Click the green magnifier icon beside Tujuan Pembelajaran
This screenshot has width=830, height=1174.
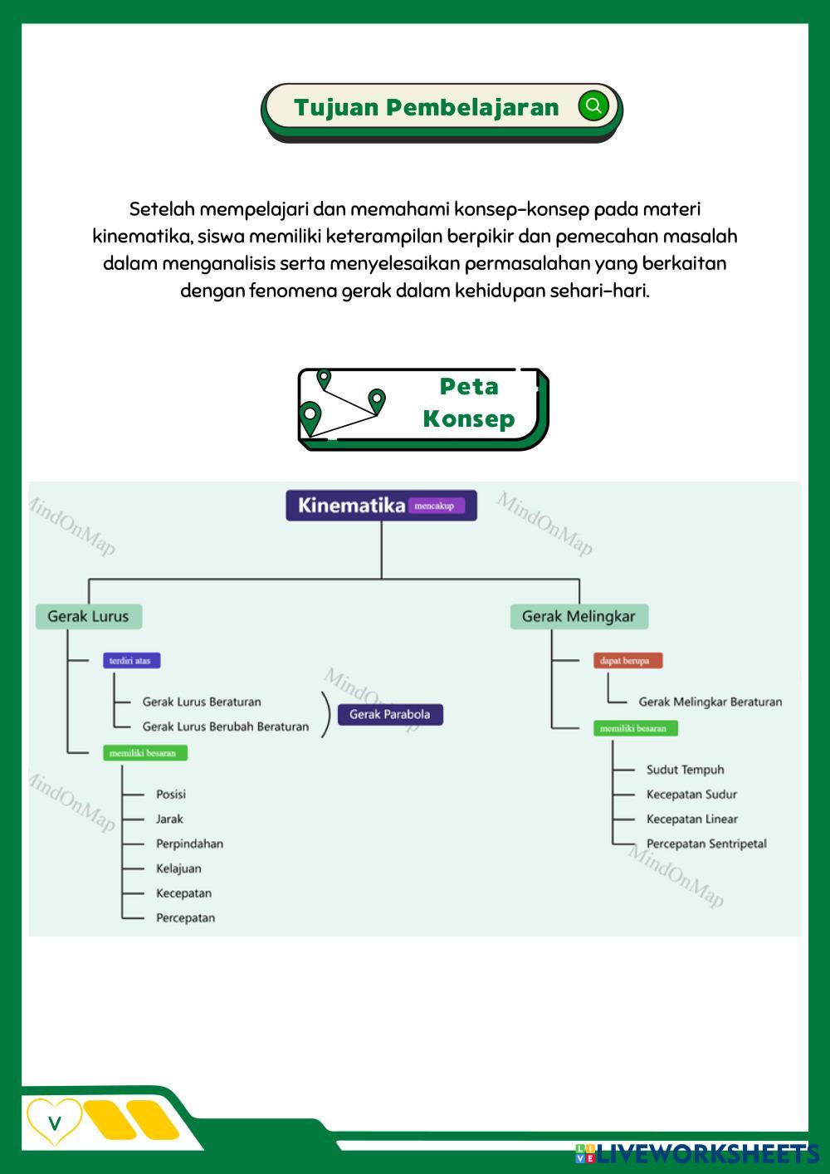(x=593, y=106)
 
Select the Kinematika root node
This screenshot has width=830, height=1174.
(x=351, y=506)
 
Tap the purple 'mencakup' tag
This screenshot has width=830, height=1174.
(x=435, y=506)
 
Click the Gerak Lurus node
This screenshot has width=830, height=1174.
(x=88, y=616)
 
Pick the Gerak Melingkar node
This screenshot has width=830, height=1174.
(x=579, y=616)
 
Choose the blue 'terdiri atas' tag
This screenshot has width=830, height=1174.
(x=131, y=661)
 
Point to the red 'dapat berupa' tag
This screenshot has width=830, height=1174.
(x=627, y=661)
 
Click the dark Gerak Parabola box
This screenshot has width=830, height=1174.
(x=389, y=714)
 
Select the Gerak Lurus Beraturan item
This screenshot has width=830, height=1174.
(x=202, y=702)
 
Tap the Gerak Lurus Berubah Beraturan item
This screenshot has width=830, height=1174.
(x=225, y=726)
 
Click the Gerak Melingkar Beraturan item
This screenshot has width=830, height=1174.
(x=710, y=702)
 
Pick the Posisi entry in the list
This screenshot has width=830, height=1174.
(x=171, y=794)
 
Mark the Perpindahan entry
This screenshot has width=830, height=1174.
(x=189, y=844)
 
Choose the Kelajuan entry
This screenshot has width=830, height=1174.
(x=178, y=868)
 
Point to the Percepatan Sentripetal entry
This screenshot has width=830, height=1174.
(x=706, y=844)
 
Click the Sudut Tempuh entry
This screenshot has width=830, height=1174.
(x=685, y=770)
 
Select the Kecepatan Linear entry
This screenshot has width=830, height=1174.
(x=691, y=819)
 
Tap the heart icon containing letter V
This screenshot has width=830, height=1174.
(x=55, y=1123)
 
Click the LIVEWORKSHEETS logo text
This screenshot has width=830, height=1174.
(x=705, y=1153)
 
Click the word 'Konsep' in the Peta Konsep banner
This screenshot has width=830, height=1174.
(x=469, y=418)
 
